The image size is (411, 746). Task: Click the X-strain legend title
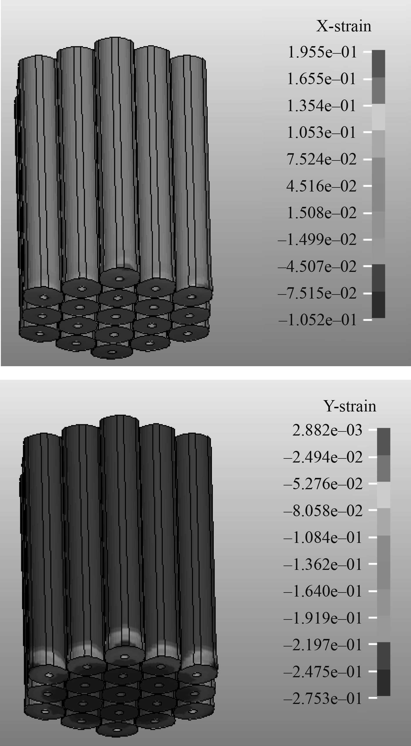tap(344, 26)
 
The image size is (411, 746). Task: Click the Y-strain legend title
tap(350, 406)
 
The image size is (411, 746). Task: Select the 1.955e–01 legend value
tap(322, 52)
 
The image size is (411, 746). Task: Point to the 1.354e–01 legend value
tap(321, 106)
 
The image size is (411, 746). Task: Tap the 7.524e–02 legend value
tap(321, 159)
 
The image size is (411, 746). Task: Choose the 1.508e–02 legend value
tap(321, 213)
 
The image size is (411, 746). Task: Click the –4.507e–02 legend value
tap(317, 266)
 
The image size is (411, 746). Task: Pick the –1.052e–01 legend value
tap(317, 320)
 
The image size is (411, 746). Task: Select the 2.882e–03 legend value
tap(327, 430)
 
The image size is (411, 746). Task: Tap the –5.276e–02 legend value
tap(323, 484)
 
